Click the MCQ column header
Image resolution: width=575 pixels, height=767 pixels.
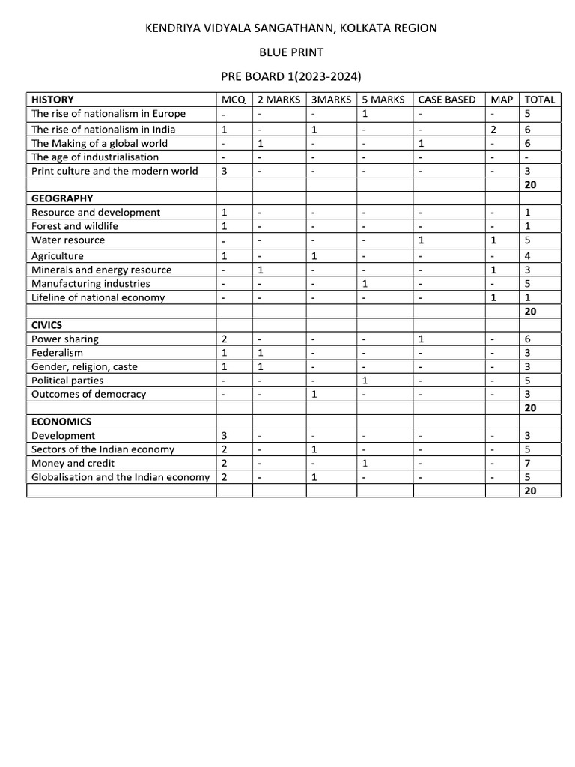[234, 100]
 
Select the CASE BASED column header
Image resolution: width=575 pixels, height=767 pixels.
[446, 100]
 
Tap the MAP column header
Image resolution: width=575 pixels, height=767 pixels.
[502, 100]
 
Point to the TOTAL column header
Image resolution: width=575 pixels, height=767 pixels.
[540, 100]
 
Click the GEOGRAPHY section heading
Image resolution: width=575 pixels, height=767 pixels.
[62, 198]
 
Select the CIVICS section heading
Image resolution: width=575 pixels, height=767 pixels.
[46, 325]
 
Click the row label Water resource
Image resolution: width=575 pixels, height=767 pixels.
[68, 240]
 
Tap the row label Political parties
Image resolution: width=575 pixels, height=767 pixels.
[68, 381]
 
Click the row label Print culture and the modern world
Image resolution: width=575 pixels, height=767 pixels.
[115, 171]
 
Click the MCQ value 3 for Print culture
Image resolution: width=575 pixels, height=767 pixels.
[225, 171]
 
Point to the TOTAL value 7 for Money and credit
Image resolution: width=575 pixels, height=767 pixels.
[528, 463]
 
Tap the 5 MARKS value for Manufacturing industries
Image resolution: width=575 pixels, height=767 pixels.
[365, 284]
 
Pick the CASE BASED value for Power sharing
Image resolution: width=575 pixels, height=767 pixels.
[422, 339]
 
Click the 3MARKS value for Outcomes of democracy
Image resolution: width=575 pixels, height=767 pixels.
[314, 395]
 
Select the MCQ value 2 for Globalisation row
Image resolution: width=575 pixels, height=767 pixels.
[225, 477]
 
